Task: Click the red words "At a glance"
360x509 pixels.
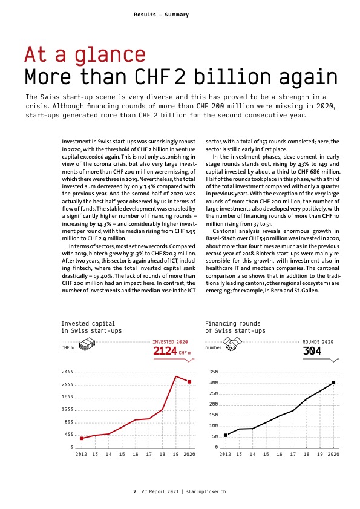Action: [85, 54]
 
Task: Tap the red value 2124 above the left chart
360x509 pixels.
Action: [165, 351]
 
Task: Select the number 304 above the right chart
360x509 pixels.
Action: [312, 351]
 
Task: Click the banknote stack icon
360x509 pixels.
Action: [87, 344]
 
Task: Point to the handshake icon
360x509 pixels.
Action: [232, 344]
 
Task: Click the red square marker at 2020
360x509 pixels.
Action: [189, 382]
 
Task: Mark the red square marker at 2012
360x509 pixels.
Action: [82, 438]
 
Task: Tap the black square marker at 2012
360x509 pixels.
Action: [226, 435]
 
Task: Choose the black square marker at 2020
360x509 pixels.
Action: [333, 383]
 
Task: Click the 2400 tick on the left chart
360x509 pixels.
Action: [68, 372]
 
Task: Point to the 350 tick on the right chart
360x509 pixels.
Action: [214, 372]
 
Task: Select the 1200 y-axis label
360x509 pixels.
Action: [68, 409]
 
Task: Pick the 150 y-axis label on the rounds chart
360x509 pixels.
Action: [214, 415]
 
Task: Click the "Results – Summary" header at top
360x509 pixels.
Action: [161, 15]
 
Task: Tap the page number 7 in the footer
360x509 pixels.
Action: [135, 491]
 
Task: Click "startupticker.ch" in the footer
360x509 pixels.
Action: [206, 491]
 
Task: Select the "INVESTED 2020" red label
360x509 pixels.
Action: [170, 342]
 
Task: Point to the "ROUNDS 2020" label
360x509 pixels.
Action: [318, 342]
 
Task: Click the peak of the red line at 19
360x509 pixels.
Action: [175, 376]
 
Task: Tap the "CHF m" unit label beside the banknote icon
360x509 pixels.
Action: [68, 347]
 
